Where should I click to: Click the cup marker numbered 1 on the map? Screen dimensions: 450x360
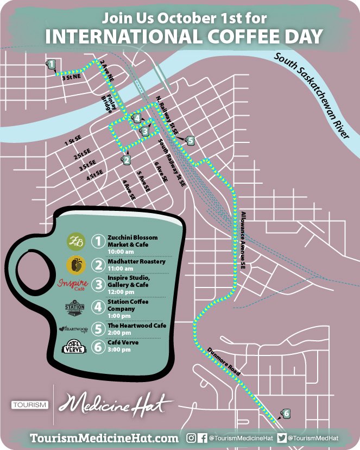click(x=50, y=64)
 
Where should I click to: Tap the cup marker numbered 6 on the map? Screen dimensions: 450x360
click(x=286, y=414)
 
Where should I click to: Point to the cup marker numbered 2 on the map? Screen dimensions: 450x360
click(x=126, y=160)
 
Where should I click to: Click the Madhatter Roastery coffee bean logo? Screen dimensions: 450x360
click(x=75, y=265)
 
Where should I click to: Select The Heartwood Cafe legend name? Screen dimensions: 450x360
click(x=137, y=326)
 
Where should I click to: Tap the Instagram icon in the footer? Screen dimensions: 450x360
click(x=191, y=437)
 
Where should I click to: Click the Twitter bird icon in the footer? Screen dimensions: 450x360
click(x=281, y=437)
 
